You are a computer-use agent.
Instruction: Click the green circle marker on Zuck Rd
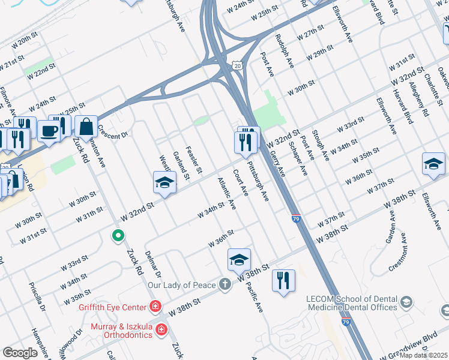pos(119,235)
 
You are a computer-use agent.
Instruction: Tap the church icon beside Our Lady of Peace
pos(224,284)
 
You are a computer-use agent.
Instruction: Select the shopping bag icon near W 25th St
pos(86,127)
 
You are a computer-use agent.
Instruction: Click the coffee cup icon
pos(49,130)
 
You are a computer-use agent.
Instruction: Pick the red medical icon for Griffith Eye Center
pos(155,307)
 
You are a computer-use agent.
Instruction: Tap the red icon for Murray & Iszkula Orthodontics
pos(161,329)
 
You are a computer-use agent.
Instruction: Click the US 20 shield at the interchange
pos(238,65)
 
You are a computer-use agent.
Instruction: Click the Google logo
pos(20,353)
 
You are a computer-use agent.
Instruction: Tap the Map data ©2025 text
pos(423,355)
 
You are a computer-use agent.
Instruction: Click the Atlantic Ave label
pos(226,193)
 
